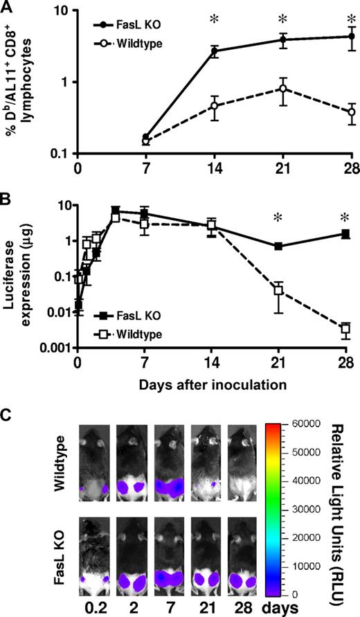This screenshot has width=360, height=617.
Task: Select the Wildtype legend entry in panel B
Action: [x=132, y=334]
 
